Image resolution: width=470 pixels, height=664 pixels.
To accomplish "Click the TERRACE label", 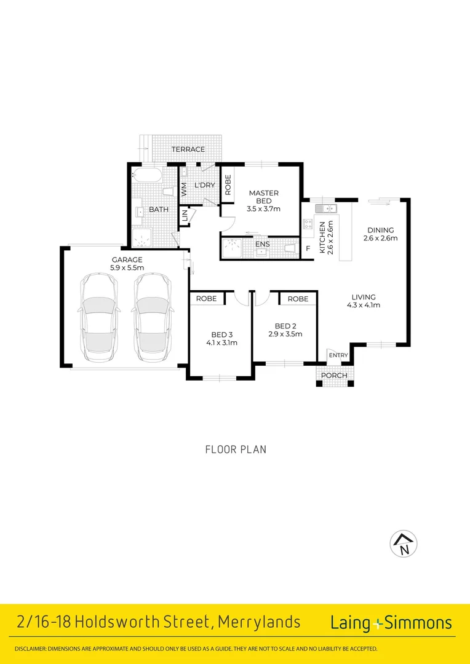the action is tap(188, 149).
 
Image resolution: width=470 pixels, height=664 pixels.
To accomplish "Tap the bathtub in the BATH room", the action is tap(146, 175).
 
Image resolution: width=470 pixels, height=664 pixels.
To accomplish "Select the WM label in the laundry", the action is tap(184, 189).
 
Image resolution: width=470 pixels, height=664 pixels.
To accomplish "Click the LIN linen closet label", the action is tap(185, 217).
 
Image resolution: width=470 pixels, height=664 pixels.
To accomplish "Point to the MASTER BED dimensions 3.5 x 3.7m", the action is tap(264, 209).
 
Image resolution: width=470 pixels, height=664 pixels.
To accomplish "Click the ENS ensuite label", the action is tap(262, 244).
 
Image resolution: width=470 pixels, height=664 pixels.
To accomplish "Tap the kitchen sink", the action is tap(325, 208).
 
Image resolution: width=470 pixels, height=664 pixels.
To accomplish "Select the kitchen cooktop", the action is tap(308, 226).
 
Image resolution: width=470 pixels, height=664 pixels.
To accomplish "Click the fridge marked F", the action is tap(308, 248).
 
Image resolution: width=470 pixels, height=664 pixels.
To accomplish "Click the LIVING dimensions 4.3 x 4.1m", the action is tap(363, 304).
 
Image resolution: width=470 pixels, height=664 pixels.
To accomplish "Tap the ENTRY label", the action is tap(338, 355).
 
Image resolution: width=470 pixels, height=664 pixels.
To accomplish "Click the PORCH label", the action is tap(335, 376).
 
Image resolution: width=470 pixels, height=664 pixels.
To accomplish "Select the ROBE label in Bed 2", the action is tap(298, 299).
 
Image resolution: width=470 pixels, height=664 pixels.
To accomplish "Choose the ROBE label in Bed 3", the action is tap(206, 299).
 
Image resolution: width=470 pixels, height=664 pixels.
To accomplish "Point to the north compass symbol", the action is tap(404, 543).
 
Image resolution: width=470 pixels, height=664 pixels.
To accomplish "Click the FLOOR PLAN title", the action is tap(236, 449).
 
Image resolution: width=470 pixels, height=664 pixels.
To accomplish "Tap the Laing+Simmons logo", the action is tap(391, 623).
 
